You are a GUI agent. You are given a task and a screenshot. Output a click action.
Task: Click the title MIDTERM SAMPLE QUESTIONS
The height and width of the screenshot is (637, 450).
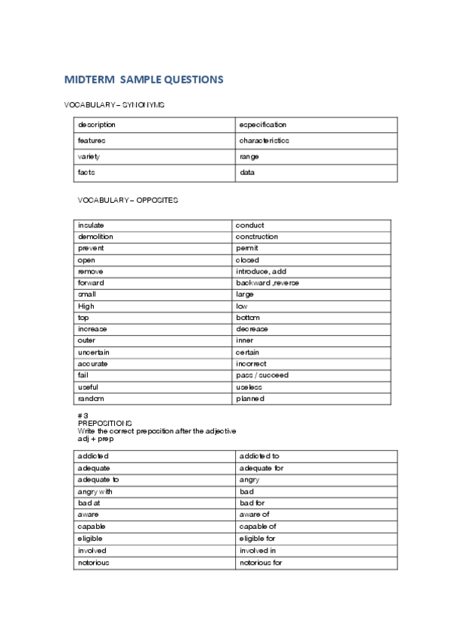tap(143, 80)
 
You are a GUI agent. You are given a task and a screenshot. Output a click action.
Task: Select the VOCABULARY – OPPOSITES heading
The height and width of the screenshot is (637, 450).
tap(128, 200)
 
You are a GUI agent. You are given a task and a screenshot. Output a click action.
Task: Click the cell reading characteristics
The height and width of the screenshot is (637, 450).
tap(264, 140)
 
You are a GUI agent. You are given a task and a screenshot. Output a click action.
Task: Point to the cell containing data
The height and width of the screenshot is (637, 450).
tap(247, 173)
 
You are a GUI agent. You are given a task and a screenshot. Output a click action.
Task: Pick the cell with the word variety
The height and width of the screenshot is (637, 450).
tap(89, 156)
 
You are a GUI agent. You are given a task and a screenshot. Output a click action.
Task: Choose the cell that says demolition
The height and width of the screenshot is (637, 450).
tap(95, 237)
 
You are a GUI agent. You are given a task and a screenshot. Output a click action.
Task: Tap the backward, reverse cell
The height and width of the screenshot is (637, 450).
tap(267, 283)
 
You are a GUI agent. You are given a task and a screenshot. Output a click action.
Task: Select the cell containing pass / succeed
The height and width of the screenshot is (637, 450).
tap(261, 375)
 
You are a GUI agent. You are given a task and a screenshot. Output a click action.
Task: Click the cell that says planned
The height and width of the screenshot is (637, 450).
tap(249, 399)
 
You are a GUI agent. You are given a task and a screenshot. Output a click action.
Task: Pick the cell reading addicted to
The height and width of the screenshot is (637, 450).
tap(260, 456)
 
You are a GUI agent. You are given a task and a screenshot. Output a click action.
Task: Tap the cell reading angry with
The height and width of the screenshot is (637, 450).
tap(95, 491)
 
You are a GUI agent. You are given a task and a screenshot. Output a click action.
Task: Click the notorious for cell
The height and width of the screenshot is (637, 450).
tap(261, 562)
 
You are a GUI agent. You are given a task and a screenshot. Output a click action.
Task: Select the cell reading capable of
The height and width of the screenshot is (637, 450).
tap(258, 527)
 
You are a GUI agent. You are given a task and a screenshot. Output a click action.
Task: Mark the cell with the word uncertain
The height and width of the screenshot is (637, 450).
tap(94, 352)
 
